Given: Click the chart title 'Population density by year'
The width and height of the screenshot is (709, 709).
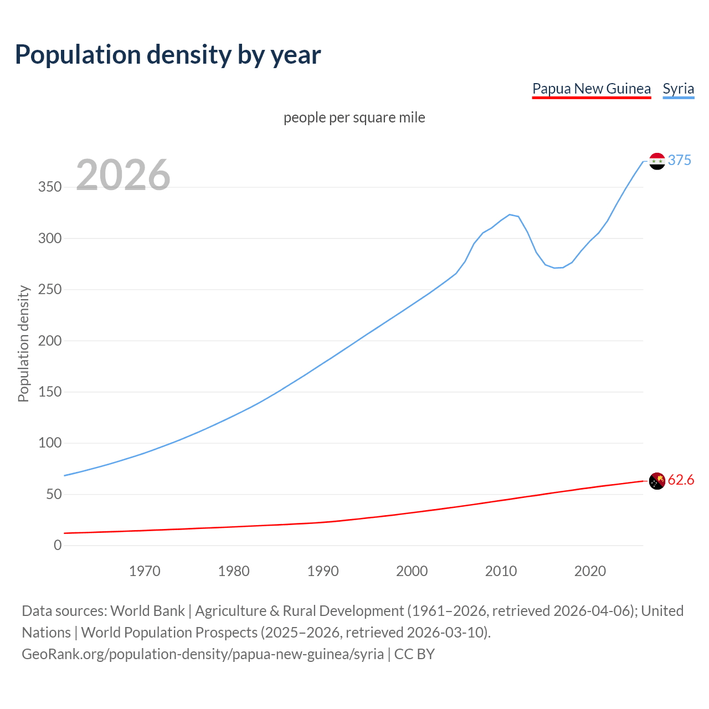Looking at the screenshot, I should tap(168, 55).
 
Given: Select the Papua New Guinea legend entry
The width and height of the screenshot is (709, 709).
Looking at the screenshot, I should tap(591, 89).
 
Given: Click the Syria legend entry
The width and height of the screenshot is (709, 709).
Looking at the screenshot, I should tap(678, 89).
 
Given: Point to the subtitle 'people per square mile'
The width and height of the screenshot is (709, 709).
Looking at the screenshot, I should tap(354, 117).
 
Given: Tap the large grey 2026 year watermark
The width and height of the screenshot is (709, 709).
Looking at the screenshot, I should tap(123, 175).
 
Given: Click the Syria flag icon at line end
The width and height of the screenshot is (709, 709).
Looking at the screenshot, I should tap(657, 161).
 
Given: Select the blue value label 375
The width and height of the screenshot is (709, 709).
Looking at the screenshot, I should tap(679, 160).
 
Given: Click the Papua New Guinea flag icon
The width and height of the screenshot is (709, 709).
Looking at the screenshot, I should tap(657, 481).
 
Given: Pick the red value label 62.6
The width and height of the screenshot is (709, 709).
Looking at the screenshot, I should tap(681, 480).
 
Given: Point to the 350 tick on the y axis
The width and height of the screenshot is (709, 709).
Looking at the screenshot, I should tap(50, 187).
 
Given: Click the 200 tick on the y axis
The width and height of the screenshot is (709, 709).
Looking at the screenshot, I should tap(50, 341).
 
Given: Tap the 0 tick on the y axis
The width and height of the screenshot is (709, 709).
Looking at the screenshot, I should tap(58, 545).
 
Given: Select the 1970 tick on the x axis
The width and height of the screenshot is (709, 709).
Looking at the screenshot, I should tap(145, 571).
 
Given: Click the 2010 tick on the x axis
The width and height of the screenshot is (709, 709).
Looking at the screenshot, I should tap(501, 571).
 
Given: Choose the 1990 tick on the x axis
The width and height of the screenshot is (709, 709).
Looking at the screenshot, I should tap(323, 571).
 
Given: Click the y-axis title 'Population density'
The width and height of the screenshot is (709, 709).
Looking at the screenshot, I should tap(23, 343).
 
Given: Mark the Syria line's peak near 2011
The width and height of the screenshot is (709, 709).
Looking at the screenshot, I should tap(510, 214).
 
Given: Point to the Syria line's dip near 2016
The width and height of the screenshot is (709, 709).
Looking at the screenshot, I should tap(554, 268).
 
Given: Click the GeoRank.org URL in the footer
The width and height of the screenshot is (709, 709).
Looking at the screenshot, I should tap(203, 654).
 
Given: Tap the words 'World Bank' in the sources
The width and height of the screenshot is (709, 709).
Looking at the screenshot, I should tap(147, 610).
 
